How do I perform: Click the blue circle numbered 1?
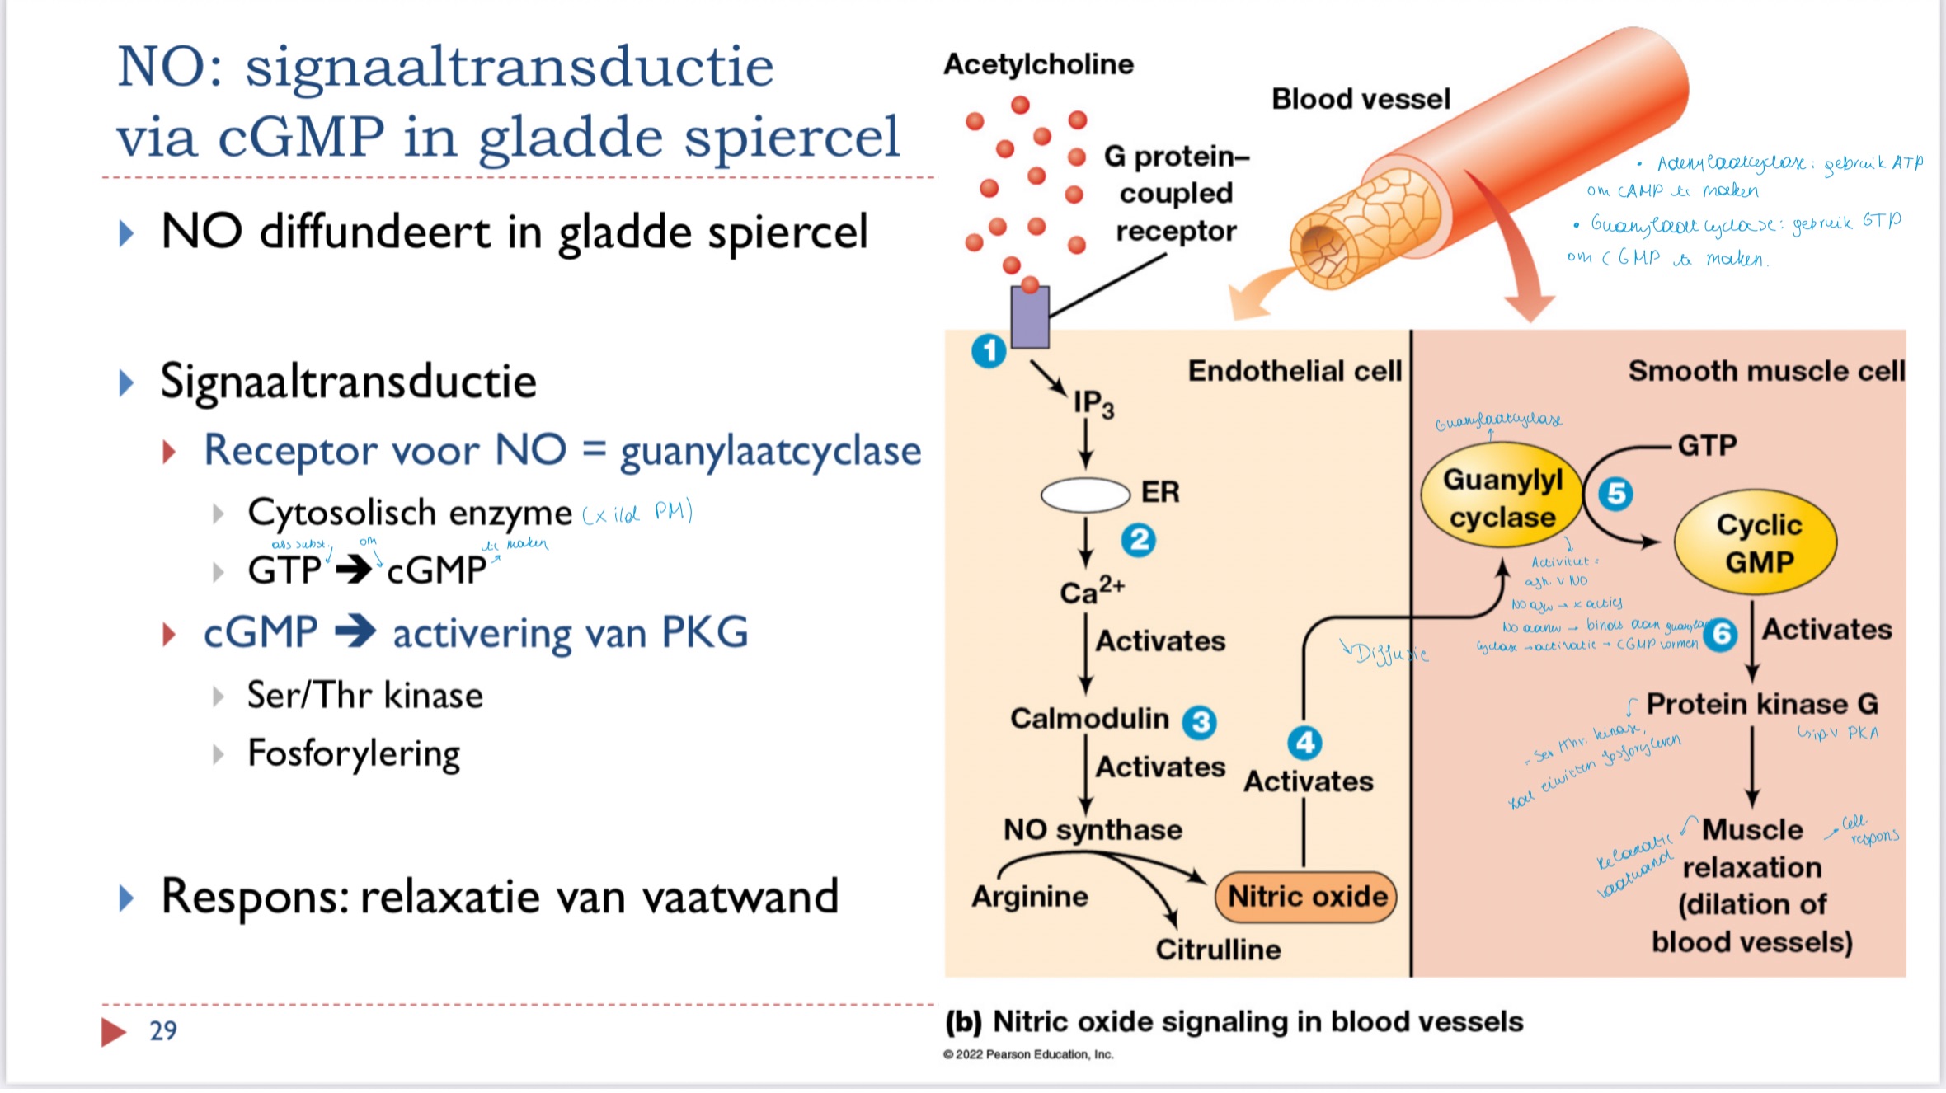pos(989,351)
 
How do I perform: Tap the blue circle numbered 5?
pos(1615,494)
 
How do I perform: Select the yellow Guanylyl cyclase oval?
pos(1502,498)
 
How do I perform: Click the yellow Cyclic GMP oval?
pos(1757,543)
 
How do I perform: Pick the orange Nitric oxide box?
pos(1306,896)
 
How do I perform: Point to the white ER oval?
pos(1085,495)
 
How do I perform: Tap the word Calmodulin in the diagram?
pos(1089,719)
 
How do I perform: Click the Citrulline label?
pos(1218,950)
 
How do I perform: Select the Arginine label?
pos(1030,896)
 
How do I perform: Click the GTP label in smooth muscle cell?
pos(1707,446)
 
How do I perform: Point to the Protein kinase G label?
pos(1762,704)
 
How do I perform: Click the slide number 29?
pos(163,1030)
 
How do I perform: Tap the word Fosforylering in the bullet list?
pos(354,754)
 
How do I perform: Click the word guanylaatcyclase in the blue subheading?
pos(770,452)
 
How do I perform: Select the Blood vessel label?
pos(1361,99)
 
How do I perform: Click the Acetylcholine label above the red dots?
pos(1038,64)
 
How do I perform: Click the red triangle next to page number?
pos(113,1031)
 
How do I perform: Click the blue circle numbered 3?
pos(1200,722)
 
